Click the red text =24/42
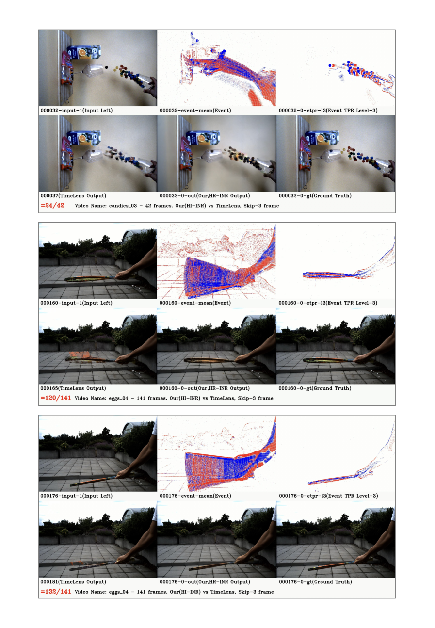click(x=52, y=205)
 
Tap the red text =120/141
click(x=55, y=398)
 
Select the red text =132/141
click(x=55, y=592)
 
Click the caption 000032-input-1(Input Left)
click(x=77, y=110)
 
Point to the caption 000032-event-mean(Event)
click(x=195, y=110)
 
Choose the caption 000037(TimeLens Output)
click(x=73, y=196)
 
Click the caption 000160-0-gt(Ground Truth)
click(x=315, y=388)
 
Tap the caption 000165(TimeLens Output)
click(x=73, y=388)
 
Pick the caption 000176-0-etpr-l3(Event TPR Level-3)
click(x=328, y=496)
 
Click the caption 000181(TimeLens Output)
click(x=73, y=582)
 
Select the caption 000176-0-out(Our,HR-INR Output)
click(x=205, y=582)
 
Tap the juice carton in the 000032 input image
click(x=84, y=52)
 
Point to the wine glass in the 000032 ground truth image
click(x=330, y=156)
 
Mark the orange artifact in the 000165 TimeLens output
click(x=80, y=355)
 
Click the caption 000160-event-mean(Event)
click(x=195, y=303)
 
